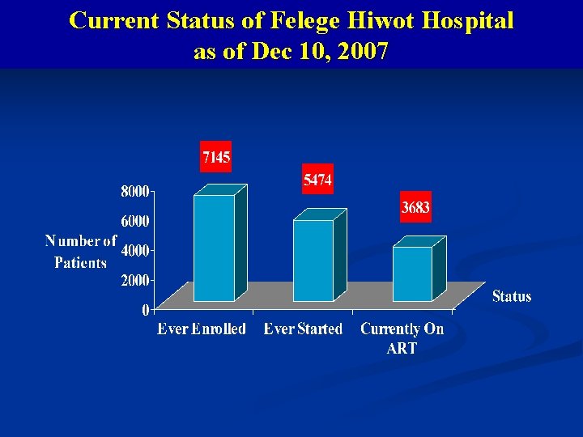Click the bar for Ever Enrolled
(x=214, y=247)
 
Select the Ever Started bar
(x=313, y=260)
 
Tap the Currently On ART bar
(x=412, y=274)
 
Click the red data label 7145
(x=216, y=157)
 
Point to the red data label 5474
(x=317, y=180)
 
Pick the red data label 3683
(x=415, y=208)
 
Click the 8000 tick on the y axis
(x=135, y=192)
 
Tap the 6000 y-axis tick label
(x=135, y=221)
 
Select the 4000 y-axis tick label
(x=135, y=251)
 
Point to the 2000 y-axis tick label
(x=135, y=280)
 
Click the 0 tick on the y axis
(x=145, y=309)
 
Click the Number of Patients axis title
(x=81, y=252)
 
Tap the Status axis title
(x=512, y=296)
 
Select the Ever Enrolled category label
(x=202, y=329)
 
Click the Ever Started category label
(x=303, y=329)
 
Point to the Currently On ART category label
(x=402, y=338)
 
